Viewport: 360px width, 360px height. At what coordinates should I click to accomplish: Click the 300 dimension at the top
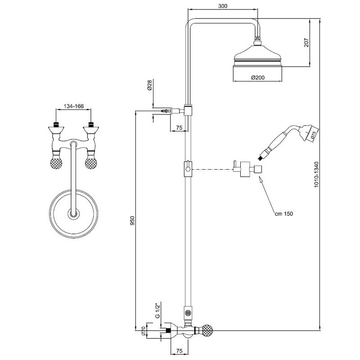[222, 6]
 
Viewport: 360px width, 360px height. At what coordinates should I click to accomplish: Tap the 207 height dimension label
[306, 43]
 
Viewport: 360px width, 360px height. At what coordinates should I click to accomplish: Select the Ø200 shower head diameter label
[258, 77]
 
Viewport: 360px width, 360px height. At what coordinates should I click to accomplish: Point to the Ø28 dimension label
[149, 85]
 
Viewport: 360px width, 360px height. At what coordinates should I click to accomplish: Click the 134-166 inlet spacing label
[74, 106]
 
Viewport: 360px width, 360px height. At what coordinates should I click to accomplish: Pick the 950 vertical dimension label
[133, 220]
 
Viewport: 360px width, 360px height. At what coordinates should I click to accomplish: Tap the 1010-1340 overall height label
[316, 175]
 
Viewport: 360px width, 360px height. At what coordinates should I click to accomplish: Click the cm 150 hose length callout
[284, 214]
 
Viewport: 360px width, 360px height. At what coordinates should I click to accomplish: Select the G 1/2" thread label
[158, 311]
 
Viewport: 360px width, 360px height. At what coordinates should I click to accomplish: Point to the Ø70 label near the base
[143, 331]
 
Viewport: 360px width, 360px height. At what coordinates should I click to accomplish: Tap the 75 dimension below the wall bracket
[179, 128]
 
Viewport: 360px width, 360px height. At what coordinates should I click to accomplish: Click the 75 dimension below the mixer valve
[179, 351]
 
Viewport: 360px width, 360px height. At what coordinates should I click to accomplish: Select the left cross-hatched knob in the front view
[56, 162]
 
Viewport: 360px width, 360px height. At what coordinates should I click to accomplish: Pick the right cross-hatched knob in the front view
[91, 162]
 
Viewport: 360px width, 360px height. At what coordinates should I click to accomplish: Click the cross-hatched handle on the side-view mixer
[207, 331]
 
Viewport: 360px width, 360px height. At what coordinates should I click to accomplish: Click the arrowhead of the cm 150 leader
[261, 179]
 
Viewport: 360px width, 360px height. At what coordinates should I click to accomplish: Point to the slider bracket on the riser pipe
[188, 169]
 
